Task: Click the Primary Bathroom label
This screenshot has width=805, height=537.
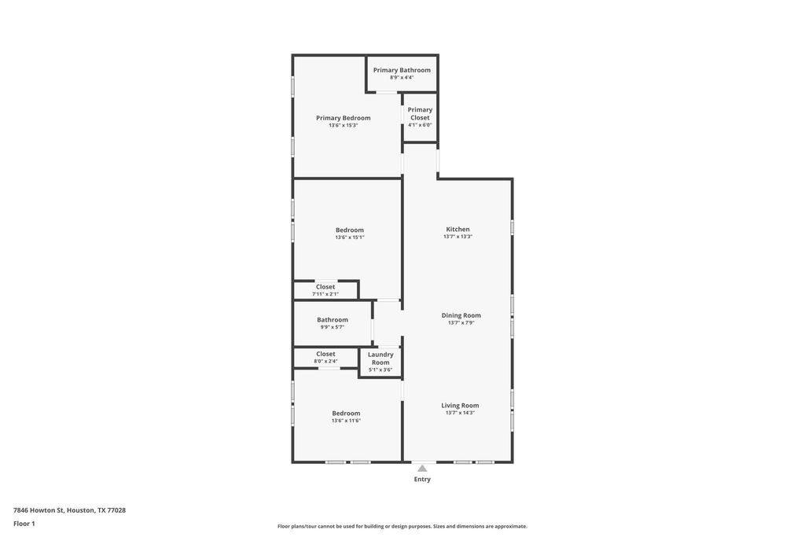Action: (x=402, y=70)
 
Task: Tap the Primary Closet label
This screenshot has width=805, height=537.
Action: (x=420, y=113)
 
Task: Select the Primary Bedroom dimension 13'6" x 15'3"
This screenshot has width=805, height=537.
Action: (x=343, y=125)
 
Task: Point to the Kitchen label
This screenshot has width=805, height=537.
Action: (x=458, y=229)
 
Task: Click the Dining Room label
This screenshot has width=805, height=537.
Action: (x=461, y=315)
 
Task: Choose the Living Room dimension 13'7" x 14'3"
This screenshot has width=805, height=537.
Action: (x=460, y=413)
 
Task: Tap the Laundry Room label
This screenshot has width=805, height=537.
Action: (x=380, y=359)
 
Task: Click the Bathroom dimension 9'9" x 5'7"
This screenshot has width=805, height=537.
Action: (x=333, y=327)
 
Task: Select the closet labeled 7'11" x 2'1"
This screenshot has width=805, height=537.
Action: (x=325, y=290)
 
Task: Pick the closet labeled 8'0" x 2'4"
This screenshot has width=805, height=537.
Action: (x=325, y=357)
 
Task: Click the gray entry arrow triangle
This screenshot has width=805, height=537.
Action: (x=422, y=469)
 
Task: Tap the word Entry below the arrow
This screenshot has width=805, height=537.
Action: (x=422, y=479)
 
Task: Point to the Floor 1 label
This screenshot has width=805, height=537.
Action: (x=24, y=524)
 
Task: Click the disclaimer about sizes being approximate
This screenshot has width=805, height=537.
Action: (x=402, y=526)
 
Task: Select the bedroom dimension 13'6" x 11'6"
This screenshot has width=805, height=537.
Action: (x=346, y=421)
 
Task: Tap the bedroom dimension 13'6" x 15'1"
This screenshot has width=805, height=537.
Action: (x=350, y=237)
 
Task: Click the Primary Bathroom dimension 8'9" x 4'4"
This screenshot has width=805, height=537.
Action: (x=402, y=78)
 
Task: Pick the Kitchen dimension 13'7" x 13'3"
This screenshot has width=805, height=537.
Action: (x=458, y=237)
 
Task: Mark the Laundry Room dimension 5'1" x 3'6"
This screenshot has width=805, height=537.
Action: (x=380, y=370)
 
